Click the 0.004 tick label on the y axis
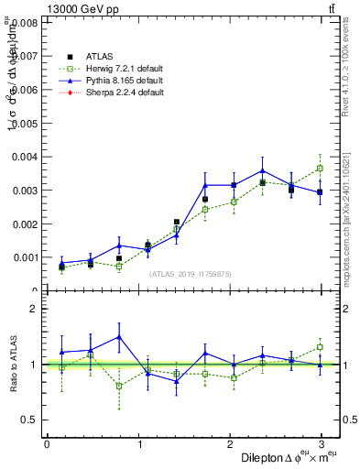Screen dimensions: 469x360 coord(23,157)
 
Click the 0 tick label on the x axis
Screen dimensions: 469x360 coord(47,443)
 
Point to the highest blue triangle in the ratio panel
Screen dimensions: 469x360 coord(119,336)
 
